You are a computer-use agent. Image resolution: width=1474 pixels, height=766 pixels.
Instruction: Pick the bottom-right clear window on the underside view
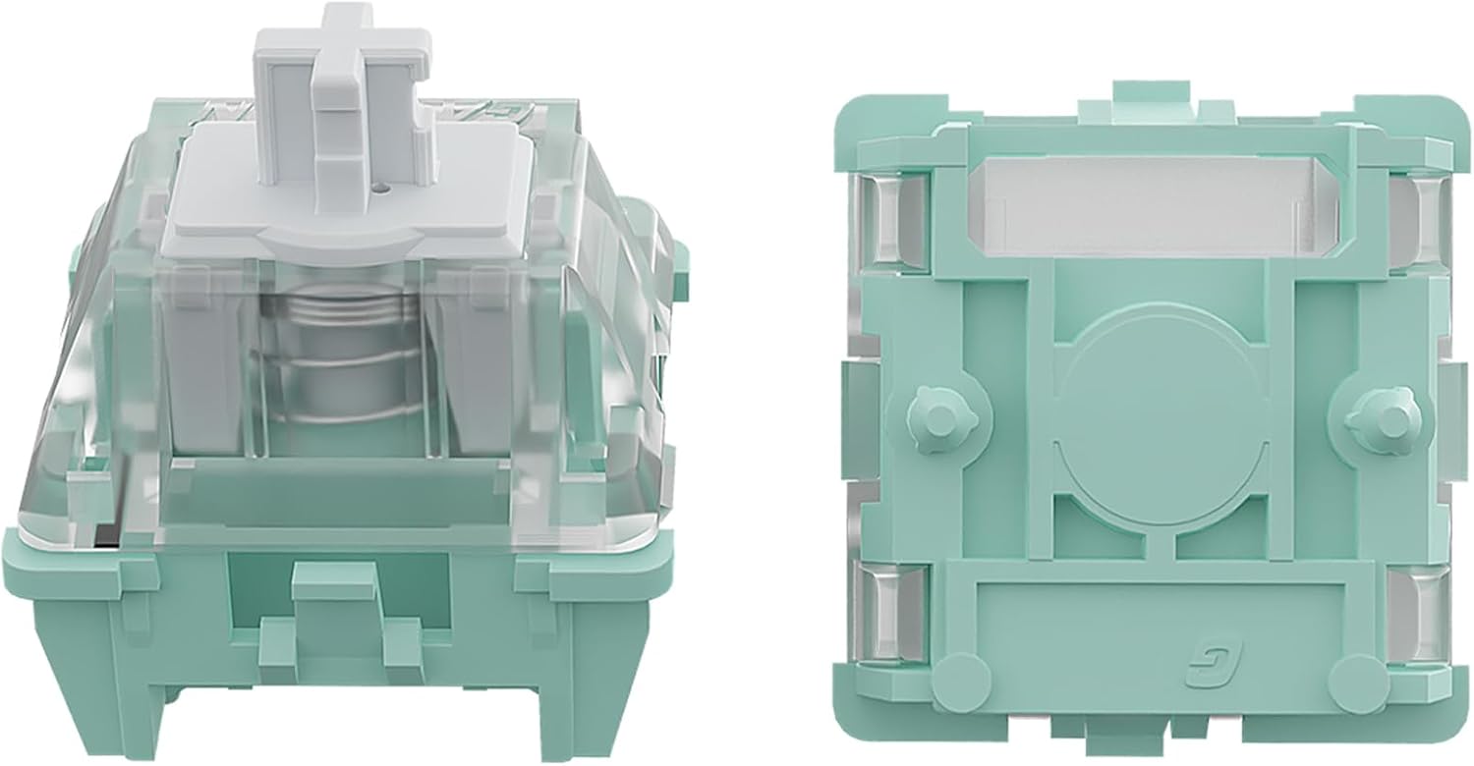click(1422, 614)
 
